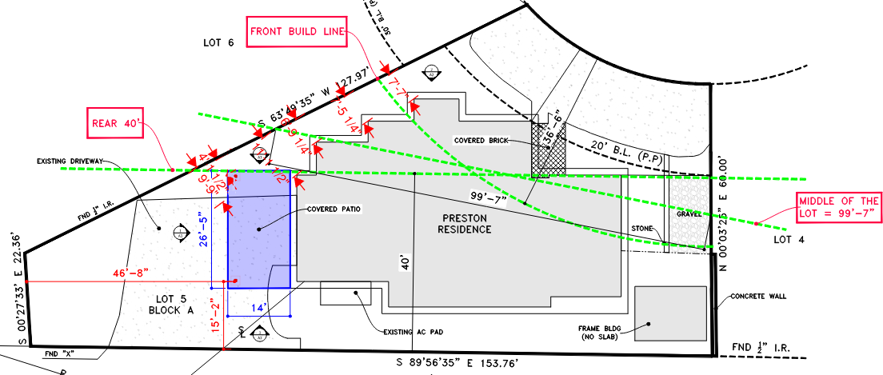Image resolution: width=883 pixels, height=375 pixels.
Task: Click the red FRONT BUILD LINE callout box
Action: [296, 34]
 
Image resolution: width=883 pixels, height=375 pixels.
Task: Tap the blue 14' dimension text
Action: [258, 306]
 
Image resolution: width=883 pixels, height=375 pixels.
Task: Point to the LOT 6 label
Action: [218, 42]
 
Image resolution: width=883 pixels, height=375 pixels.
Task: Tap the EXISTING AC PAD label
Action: [413, 330]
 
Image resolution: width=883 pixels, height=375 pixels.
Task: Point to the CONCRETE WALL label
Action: [757, 296]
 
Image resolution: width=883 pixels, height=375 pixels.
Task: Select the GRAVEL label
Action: [689, 214]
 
